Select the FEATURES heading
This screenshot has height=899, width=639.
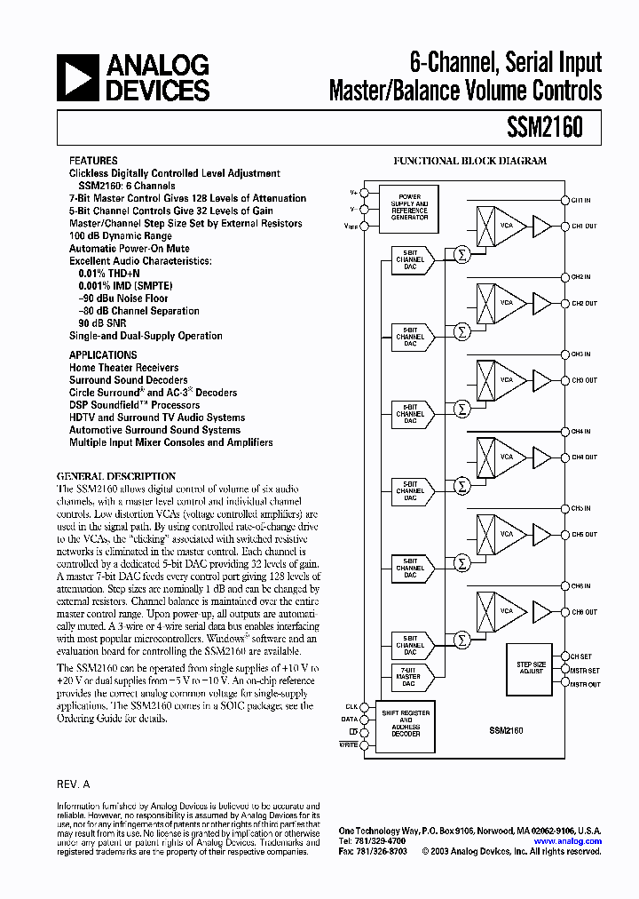pyautogui.click(x=93, y=162)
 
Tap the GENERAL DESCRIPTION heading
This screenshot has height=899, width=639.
pyautogui.click(x=116, y=476)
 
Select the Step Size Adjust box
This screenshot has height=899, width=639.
pyautogui.click(x=531, y=668)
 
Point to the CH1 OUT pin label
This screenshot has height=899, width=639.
pyautogui.click(x=584, y=227)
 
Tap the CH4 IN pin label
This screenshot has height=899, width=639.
pyautogui.click(x=581, y=431)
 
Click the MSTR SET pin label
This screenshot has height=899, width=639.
pyautogui.click(x=585, y=670)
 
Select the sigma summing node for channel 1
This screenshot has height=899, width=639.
pyautogui.click(x=461, y=255)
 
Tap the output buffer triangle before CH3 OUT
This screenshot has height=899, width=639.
pyautogui.click(x=541, y=380)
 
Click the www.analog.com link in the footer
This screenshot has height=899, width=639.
pyautogui.click(x=568, y=840)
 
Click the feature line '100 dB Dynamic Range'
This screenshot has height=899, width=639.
pyautogui.click(x=121, y=236)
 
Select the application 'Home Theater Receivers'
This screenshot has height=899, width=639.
pyautogui.click(x=124, y=367)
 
